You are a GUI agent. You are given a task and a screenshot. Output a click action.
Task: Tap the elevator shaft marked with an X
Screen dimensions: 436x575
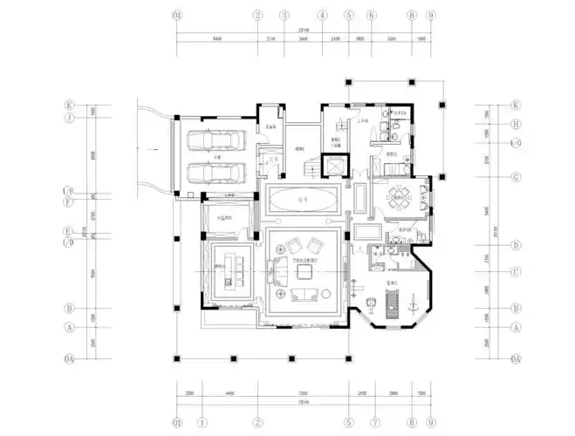pyautogui.click(x=334, y=165)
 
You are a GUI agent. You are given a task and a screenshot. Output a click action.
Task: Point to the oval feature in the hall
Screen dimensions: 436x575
pyautogui.click(x=302, y=201)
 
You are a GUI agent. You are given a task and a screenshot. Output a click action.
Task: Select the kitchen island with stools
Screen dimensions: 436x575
pyautogui.click(x=232, y=273)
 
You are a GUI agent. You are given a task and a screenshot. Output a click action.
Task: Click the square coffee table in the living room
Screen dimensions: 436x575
pyautogui.click(x=305, y=272)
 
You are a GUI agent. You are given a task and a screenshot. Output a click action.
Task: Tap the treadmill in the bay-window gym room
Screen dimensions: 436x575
pyautogui.click(x=394, y=305)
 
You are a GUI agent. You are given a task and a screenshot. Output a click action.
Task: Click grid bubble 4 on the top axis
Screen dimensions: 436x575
pyautogui.click(x=322, y=16)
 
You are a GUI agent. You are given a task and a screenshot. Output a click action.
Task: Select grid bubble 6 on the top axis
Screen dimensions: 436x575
pyautogui.click(x=371, y=16)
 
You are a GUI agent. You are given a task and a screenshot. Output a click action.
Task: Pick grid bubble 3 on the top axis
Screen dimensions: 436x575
pyautogui.click(x=284, y=16)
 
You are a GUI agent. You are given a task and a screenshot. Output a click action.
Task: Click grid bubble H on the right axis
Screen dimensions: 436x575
pyautogui.click(x=516, y=124)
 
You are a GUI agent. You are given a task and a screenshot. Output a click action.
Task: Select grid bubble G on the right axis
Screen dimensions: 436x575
pyautogui.click(x=516, y=176)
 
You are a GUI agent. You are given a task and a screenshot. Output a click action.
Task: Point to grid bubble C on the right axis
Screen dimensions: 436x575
pyautogui.click(x=516, y=271)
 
